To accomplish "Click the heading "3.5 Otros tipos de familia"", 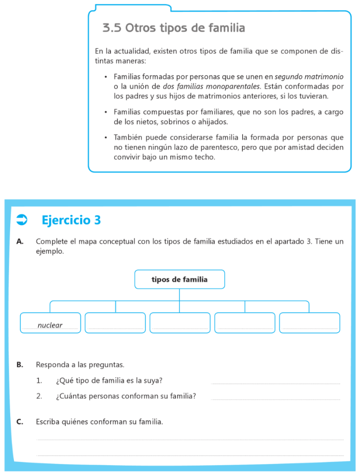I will (174, 28).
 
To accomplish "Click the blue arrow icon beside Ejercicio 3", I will (22, 220).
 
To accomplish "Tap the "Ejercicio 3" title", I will (71, 220).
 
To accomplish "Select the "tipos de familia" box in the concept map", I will (180, 279).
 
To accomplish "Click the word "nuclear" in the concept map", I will (50, 325).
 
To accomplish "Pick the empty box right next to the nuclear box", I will (116, 323).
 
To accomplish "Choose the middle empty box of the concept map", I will (180, 323).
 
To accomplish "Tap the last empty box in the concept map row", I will (309, 323).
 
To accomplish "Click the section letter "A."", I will (19, 242).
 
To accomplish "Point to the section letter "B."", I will (19, 365).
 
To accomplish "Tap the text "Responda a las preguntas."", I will (80, 365).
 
